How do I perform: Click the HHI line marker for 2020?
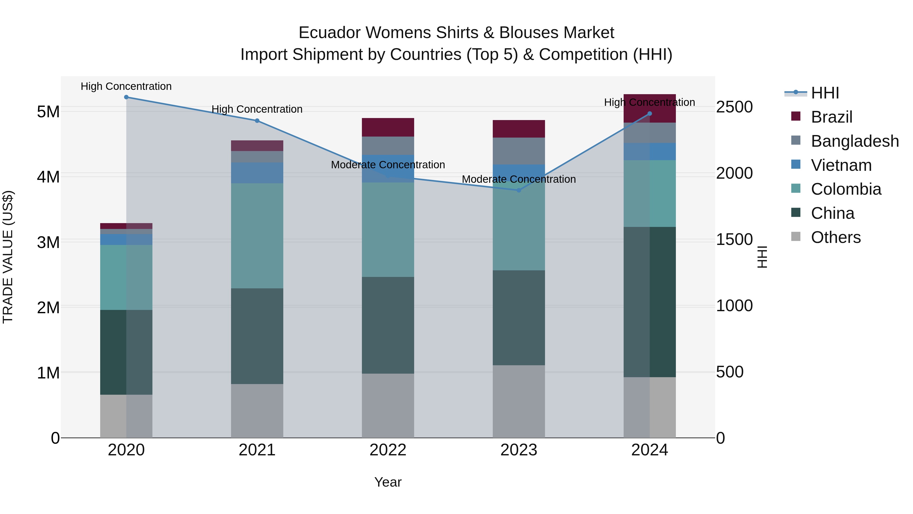[126, 97]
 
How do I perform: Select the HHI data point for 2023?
[519, 190]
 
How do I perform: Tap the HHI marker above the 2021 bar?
[257, 121]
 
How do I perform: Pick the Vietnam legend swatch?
[796, 164]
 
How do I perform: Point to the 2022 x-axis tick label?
[388, 450]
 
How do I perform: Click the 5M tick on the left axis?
[48, 112]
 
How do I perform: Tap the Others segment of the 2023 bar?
[519, 401]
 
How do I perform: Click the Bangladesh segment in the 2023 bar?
[519, 151]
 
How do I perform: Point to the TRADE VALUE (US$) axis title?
[8, 257]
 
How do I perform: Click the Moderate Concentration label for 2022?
[388, 165]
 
